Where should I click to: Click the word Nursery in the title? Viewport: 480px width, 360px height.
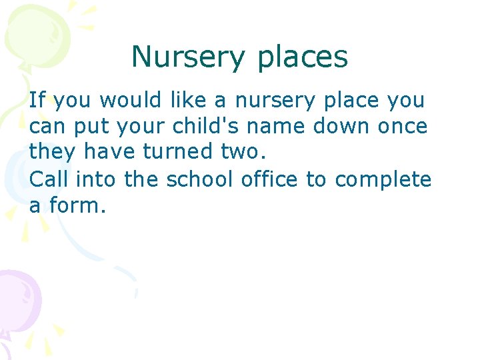tap(189, 58)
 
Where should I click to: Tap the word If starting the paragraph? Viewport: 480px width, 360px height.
tap(37, 101)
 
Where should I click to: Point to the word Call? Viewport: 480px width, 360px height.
tap(49, 179)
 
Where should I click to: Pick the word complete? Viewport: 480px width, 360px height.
tap(383, 179)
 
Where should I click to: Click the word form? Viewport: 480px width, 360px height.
tap(79, 205)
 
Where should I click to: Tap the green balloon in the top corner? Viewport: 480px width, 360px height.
tap(30, 33)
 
